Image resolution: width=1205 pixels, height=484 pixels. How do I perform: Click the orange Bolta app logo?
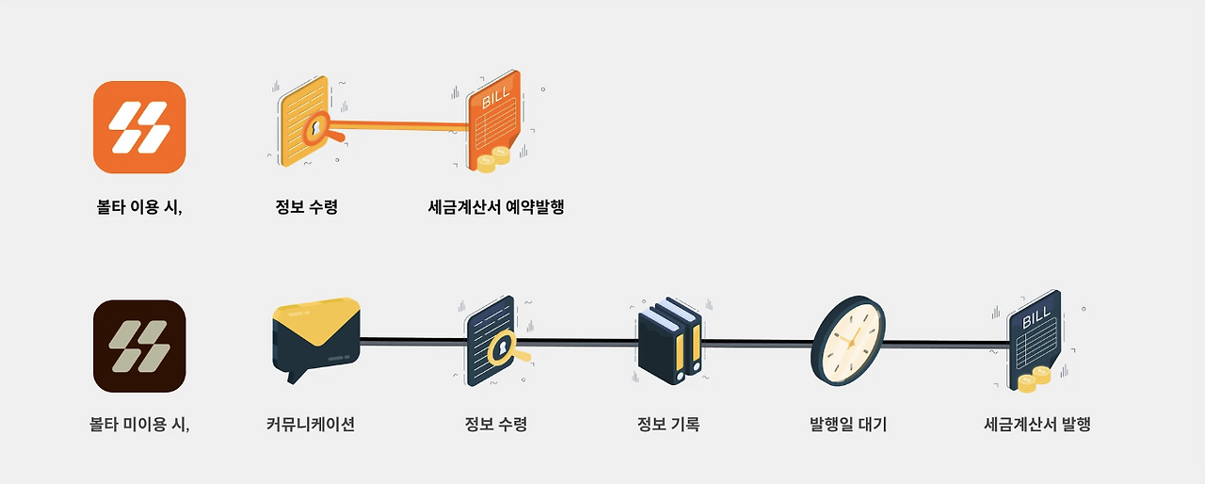click(x=139, y=127)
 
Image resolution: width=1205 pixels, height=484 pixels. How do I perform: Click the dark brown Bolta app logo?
click(x=139, y=346)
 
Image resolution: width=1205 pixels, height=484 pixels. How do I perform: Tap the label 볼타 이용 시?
click(x=139, y=207)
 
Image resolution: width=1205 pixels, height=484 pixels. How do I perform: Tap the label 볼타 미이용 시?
click(x=139, y=424)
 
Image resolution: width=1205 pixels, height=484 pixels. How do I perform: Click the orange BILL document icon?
click(x=494, y=118)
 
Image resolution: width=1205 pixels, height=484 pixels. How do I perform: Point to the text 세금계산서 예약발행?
click(x=496, y=207)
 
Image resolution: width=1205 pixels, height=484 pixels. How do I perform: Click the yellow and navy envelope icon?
click(x=315, y=337)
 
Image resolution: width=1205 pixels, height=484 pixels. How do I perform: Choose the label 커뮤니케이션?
click(x=311, y=424)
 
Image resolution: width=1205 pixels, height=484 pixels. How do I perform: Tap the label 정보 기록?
click(x=668, y=424)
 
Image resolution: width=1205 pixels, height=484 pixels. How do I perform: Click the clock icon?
click(x=847, y=341)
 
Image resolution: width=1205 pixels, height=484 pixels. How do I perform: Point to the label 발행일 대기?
click(x=848, y=424)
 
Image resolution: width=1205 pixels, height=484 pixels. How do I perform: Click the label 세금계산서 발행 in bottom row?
click(x=1036, y=424)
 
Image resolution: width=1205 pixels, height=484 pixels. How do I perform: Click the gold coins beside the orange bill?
click(x=493, y=159)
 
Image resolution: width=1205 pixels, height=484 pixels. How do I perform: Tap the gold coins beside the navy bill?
click(x=1034, y=379)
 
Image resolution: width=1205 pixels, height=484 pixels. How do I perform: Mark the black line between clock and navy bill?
click(x=941, y=343)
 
